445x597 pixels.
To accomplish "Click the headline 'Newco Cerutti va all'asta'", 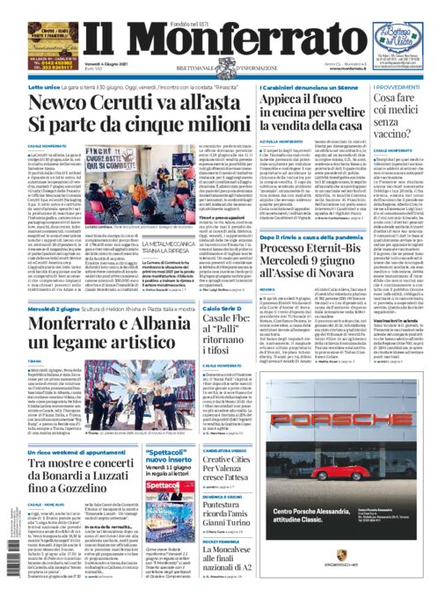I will point(131,103).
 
